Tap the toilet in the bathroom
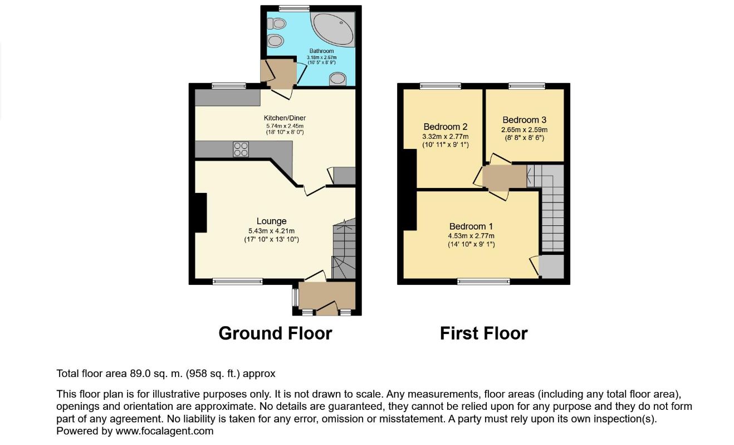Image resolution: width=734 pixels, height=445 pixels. [277, 23]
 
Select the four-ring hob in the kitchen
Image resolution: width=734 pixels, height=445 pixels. [241, 149]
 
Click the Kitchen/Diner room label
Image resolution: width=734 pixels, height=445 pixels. [285, 118]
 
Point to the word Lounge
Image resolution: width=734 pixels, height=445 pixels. [272, 221]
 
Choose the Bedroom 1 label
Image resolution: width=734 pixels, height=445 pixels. [471, 226]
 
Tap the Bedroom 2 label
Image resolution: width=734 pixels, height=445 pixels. [445, 126]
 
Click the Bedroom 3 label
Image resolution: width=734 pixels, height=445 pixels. [524, 119]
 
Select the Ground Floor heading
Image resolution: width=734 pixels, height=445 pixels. [275, 333]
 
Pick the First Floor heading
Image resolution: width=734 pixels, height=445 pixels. [483, 333]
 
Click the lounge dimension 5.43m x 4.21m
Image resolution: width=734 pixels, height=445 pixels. [272, 231]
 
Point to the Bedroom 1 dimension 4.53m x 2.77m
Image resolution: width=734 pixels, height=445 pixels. [471, 236]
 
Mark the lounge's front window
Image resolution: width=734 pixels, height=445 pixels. [237, 282]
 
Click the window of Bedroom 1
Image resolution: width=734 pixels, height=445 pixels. [483, 282]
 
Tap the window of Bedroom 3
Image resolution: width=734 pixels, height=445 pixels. [526, 86]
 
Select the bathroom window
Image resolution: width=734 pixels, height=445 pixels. [294, 8]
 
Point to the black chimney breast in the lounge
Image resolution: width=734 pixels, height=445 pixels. [199, 212]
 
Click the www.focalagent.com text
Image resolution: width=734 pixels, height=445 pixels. [164, 431]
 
